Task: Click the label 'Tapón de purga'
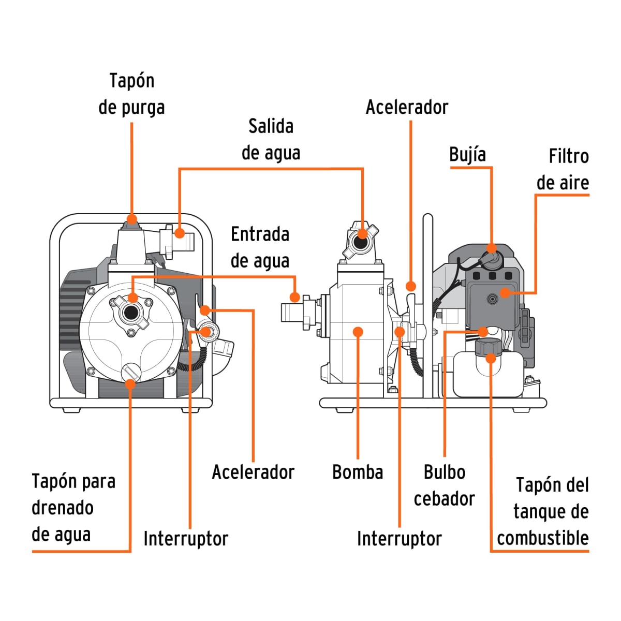131,94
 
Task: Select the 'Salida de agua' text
271,140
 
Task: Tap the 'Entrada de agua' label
260,247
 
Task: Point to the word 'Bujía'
467,155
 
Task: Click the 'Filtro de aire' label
563,170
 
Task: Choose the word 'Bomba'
358,472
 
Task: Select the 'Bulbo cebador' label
444,485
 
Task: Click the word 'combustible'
542,538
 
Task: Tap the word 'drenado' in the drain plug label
63,508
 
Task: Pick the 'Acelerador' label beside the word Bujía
407,107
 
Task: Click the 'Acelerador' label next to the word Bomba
253,472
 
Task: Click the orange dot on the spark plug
492,248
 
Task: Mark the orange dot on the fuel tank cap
491,358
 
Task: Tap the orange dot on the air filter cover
505,293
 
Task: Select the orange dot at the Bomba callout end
358,332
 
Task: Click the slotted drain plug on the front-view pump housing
131,372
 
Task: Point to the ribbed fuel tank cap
488,347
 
